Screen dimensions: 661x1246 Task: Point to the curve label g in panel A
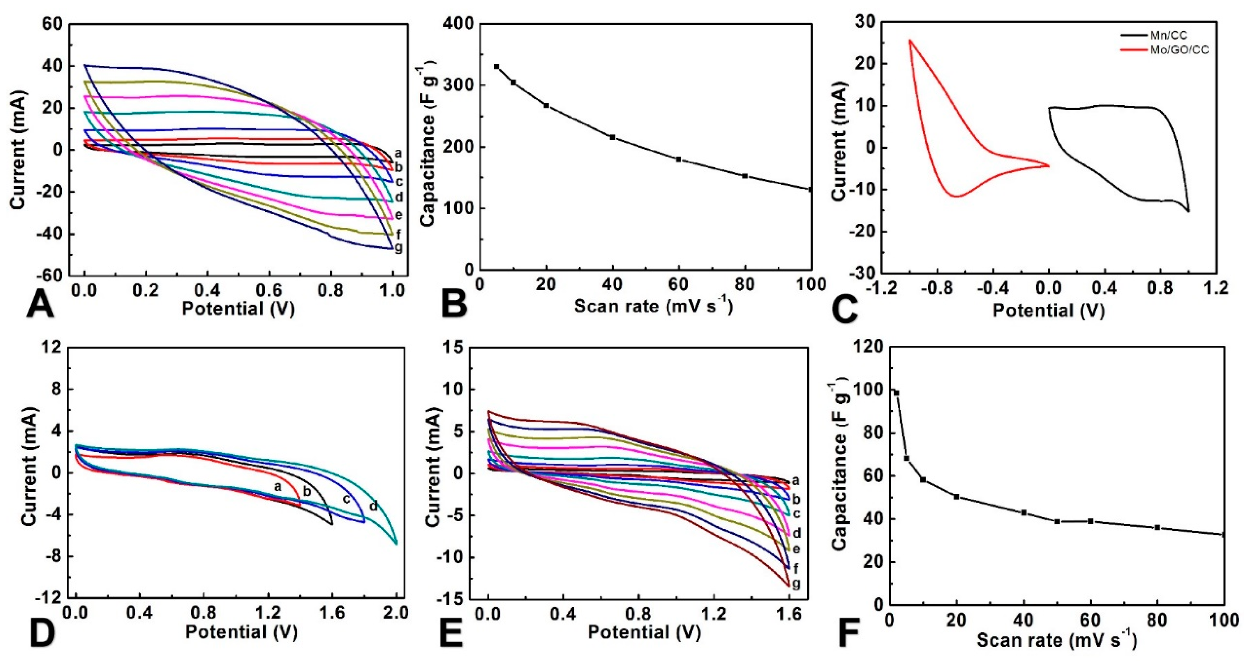click(x=399, y=247)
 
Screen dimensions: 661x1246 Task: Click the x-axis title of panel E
click(x=644, y=632)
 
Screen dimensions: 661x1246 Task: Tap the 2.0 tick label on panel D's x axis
click(x=396, y=613)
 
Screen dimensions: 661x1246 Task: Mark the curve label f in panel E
click(x=796, y=568)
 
